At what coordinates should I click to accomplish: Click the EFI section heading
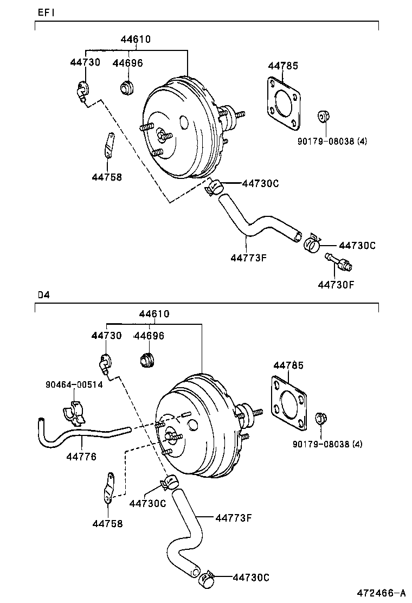[46, 12]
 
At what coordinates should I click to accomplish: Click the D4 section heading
[43, 295]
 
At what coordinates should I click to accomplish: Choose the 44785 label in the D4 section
[289, 365]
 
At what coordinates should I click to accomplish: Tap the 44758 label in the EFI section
[107, 176]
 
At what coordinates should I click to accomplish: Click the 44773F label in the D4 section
[234, 517]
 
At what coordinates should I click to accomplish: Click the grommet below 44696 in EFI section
[128, 87]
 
